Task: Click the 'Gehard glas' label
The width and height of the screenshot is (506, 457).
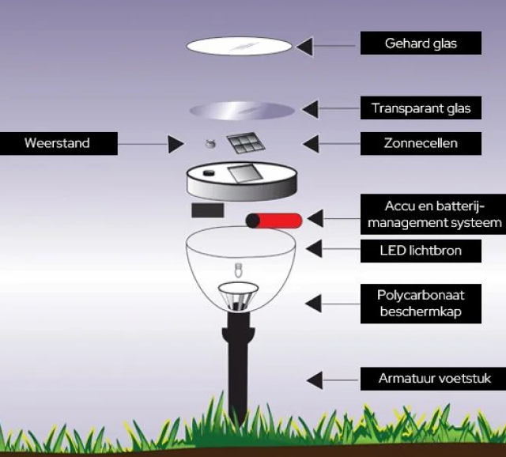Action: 421,43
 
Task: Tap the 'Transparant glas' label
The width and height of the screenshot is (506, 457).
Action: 421,108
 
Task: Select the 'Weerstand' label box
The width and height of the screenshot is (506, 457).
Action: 58,143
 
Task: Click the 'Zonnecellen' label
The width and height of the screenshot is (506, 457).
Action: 421,143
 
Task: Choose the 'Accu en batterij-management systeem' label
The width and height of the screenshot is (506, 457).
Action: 432,213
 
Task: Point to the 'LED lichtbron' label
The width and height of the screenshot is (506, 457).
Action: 421,251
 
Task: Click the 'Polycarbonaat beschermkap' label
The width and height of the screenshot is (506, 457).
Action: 421,304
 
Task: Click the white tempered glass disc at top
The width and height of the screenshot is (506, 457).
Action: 239,46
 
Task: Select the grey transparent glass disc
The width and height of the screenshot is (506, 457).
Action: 242,110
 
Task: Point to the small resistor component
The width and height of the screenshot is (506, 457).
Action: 210,144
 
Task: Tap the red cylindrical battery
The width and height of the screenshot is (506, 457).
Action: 273,221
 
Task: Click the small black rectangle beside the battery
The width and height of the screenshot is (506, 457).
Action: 207,210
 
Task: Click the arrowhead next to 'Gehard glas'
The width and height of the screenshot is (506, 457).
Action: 306,45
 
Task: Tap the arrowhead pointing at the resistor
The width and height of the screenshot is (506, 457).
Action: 176,144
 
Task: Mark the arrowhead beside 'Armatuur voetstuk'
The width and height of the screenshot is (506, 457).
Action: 314,380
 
